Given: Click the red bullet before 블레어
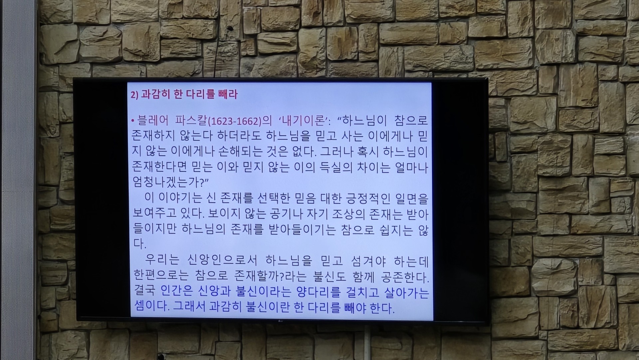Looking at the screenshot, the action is click(x=133, y=121).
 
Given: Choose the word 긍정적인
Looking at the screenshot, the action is click(x=364, y=198).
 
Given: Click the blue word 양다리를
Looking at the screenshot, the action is click(x=318, y=293).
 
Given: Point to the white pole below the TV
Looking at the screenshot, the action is click(x=367, y=342).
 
